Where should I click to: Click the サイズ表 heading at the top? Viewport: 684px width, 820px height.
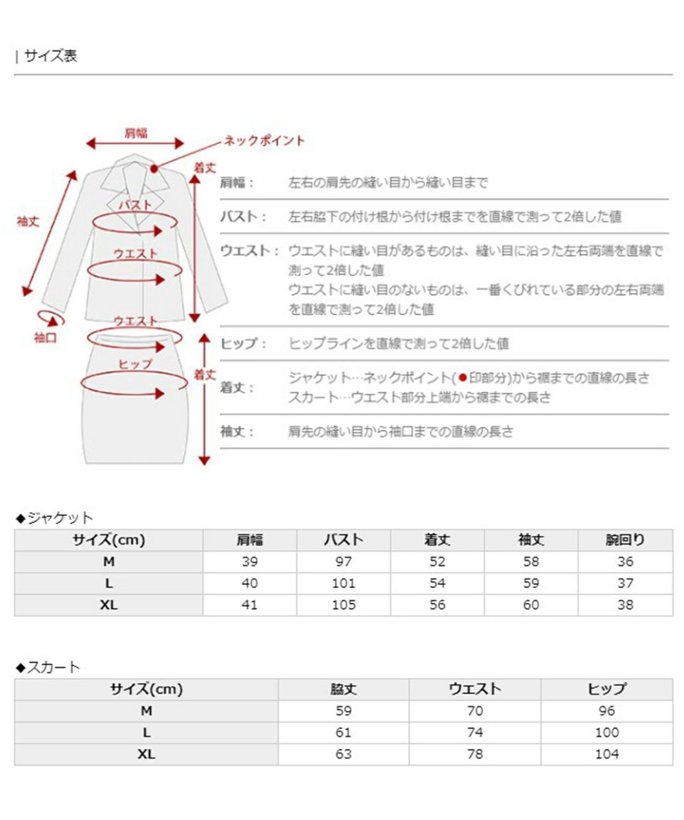(x=50, y=56)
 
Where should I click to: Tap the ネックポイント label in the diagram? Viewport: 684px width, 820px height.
(x=264, y=141)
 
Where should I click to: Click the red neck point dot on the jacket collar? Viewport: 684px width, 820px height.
(x=154, y=169)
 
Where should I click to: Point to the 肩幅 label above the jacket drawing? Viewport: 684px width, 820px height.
(x=136, y=133)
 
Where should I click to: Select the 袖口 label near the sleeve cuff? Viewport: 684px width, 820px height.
(x=45, y=338)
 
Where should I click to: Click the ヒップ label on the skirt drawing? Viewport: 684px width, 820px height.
(x=135, y=364)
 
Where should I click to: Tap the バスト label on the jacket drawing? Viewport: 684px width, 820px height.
(x=135, y=205)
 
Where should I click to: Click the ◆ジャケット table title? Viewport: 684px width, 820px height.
(x=54, y=518)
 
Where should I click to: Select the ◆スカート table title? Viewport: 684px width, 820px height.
(x=48, y=667)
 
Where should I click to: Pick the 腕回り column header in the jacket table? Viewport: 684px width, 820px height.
(x=625, y=540)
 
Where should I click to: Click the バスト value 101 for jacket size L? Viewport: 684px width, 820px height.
(x=343, y=583)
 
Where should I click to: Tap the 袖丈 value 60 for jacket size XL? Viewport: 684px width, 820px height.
(x=531, y=605)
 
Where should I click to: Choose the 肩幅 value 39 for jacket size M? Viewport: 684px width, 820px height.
(x=250, y=561)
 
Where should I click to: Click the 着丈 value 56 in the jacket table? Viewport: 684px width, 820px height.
(x=437, y=605)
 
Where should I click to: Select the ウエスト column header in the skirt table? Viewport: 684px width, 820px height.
(x=474, y=689)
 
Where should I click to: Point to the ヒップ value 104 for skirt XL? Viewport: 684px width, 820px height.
(x=606, y=754)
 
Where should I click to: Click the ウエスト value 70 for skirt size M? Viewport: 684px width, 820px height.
(x=474, y=711)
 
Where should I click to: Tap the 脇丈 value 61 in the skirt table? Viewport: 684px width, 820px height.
(x=343, y=732)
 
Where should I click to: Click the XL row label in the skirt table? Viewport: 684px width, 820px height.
(x=146, y=754)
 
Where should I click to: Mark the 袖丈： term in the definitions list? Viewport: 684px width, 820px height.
(x=237, y=432)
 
